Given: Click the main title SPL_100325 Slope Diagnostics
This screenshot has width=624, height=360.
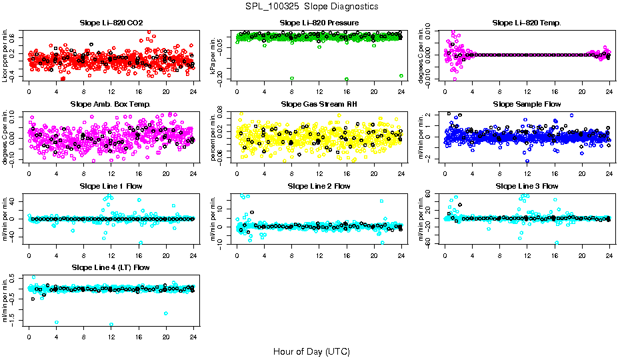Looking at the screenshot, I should tap(311, 6).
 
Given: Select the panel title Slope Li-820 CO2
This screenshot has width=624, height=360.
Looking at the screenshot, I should tap(111, 23).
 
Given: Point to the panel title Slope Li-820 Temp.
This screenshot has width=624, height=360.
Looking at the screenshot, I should tap(527, 23).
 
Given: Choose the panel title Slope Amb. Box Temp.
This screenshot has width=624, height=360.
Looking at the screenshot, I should tap(111, 105).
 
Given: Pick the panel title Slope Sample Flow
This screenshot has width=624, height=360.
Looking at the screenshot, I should tap(527, 105).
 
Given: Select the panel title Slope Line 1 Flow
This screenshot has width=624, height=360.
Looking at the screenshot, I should tap(111, 186).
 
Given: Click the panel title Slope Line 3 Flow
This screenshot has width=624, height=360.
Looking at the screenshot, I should tap(527, 186).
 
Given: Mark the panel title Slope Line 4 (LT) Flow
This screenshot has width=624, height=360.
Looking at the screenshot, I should tap(111, 267).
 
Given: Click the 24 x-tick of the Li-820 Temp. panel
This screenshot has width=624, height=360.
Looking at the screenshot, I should tap(609, 91).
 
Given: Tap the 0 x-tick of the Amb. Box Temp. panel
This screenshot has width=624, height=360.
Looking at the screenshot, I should tap(29, 173).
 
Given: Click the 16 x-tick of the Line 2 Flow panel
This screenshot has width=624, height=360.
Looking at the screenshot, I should tap(347, 254).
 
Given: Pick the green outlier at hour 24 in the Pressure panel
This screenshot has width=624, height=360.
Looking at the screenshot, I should tap(401, 76).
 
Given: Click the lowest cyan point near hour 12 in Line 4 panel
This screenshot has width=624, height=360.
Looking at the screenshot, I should tap(111, 325).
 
